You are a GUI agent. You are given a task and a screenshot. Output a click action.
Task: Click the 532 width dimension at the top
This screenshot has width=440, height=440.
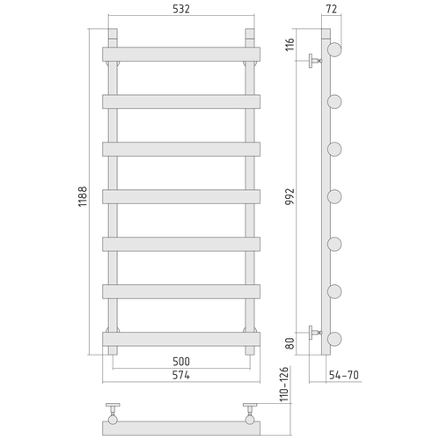pos(181,9)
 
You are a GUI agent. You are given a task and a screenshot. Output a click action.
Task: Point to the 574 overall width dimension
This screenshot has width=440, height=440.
pos(181,376)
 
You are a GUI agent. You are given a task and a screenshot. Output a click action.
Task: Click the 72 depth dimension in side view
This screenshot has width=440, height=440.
pos(332,9)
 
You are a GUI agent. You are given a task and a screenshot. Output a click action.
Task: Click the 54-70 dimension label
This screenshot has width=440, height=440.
pos(343,376)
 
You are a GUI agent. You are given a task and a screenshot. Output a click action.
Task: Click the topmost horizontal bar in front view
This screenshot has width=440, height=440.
pos(181,54)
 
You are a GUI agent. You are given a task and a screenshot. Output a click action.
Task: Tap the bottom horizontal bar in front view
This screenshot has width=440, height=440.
pos(181,338)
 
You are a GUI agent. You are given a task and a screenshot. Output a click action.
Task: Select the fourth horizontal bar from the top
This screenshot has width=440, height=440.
pos(181,196)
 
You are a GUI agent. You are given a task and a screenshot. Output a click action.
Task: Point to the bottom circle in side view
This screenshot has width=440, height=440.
pos(334,338)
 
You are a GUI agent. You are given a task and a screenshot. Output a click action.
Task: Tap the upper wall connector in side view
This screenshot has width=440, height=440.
pos(314,62)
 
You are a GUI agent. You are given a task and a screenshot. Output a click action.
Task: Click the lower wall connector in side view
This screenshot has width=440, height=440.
pos(314,333)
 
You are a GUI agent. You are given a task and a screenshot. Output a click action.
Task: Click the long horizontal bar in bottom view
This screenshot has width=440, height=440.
pos(181,427)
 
